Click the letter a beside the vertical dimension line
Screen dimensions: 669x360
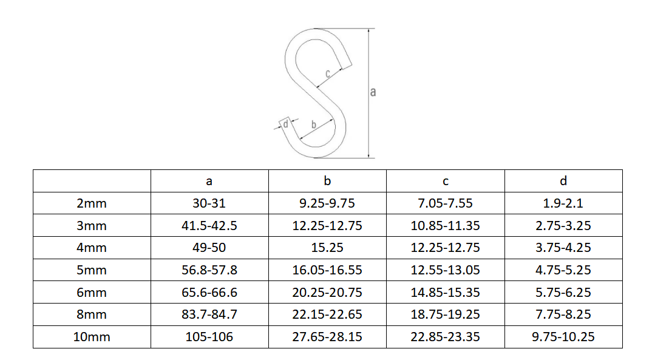(373, 92)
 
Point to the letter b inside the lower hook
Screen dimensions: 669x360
(314, 124)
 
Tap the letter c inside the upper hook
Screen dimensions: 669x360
(328, 74)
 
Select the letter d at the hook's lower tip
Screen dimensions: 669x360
(286, 124)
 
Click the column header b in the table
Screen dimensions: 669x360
(327, 181)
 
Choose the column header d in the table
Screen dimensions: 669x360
(563, 181)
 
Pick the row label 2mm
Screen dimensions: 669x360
(92, 203)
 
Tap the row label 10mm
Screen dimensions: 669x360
(92, 337)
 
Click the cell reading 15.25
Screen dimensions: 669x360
(327, 248)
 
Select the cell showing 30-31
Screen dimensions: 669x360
(209, 203)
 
